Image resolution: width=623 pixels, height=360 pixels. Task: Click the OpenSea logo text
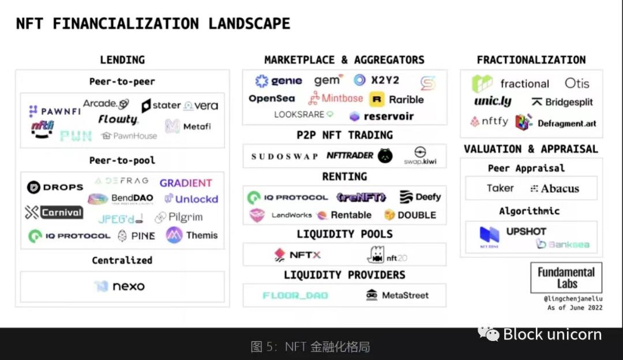tap(272, 99)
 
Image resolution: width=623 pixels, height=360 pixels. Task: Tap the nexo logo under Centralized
tap(119, 286)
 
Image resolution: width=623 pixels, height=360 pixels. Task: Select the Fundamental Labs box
tap(566, 277)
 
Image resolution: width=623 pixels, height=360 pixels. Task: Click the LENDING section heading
tap(122, 59)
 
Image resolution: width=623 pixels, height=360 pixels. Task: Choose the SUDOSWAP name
tap(284, 156)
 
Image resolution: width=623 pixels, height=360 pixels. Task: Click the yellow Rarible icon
tap(377, 99)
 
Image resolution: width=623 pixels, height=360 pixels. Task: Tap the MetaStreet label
tap(405, 295)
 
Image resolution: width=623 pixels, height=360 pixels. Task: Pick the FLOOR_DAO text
tap(295, 295)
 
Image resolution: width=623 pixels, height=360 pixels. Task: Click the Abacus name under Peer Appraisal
tap(560, 188)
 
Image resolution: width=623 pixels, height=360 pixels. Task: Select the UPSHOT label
tap(526, 231)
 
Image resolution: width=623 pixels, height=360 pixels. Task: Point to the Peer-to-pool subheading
tap(122, 160)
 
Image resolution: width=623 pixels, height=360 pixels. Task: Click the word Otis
tap(577, 83)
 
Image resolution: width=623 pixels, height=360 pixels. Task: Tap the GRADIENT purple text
tap(186, 183)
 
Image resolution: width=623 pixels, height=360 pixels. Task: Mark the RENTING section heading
tap(344, 176)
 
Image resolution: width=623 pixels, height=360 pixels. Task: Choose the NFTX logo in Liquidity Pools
tap(297, 254)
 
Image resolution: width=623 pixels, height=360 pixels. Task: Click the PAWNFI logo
tap(55, 111)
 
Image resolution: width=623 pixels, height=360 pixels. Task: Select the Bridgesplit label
tap(562, 102)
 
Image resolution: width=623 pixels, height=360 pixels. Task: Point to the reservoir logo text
tap(388, 117)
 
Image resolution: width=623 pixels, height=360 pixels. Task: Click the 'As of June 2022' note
tap(575, 307)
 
